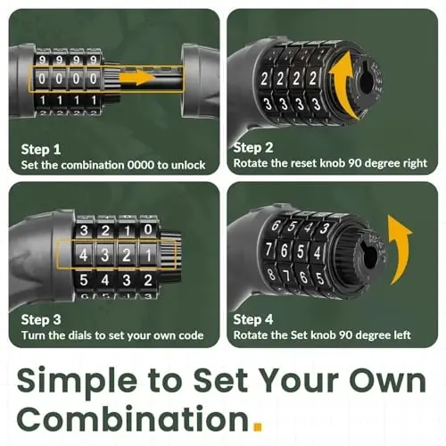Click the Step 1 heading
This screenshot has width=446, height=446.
[x=41, y=149]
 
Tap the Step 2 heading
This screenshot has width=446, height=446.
[x=253, y=147]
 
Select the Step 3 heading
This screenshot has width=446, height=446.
[x=41, y=320]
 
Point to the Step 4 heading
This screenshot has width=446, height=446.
[x=253, y=319]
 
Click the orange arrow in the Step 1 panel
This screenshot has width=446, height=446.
[x=137, y=78]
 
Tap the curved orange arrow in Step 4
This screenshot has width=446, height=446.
[x=400, y=247]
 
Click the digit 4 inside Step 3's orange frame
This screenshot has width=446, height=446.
[x=83, y=255]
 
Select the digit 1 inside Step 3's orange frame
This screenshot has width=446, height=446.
[x=148, y=255]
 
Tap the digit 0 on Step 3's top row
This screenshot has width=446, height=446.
[x=148, y=229]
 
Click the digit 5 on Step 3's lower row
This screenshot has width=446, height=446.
[x=84, y=280]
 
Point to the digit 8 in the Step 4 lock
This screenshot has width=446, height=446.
[x=271, y=274]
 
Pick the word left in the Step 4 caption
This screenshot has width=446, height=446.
[x=402, y=335]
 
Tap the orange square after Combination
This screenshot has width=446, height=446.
[x=258, y=425]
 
